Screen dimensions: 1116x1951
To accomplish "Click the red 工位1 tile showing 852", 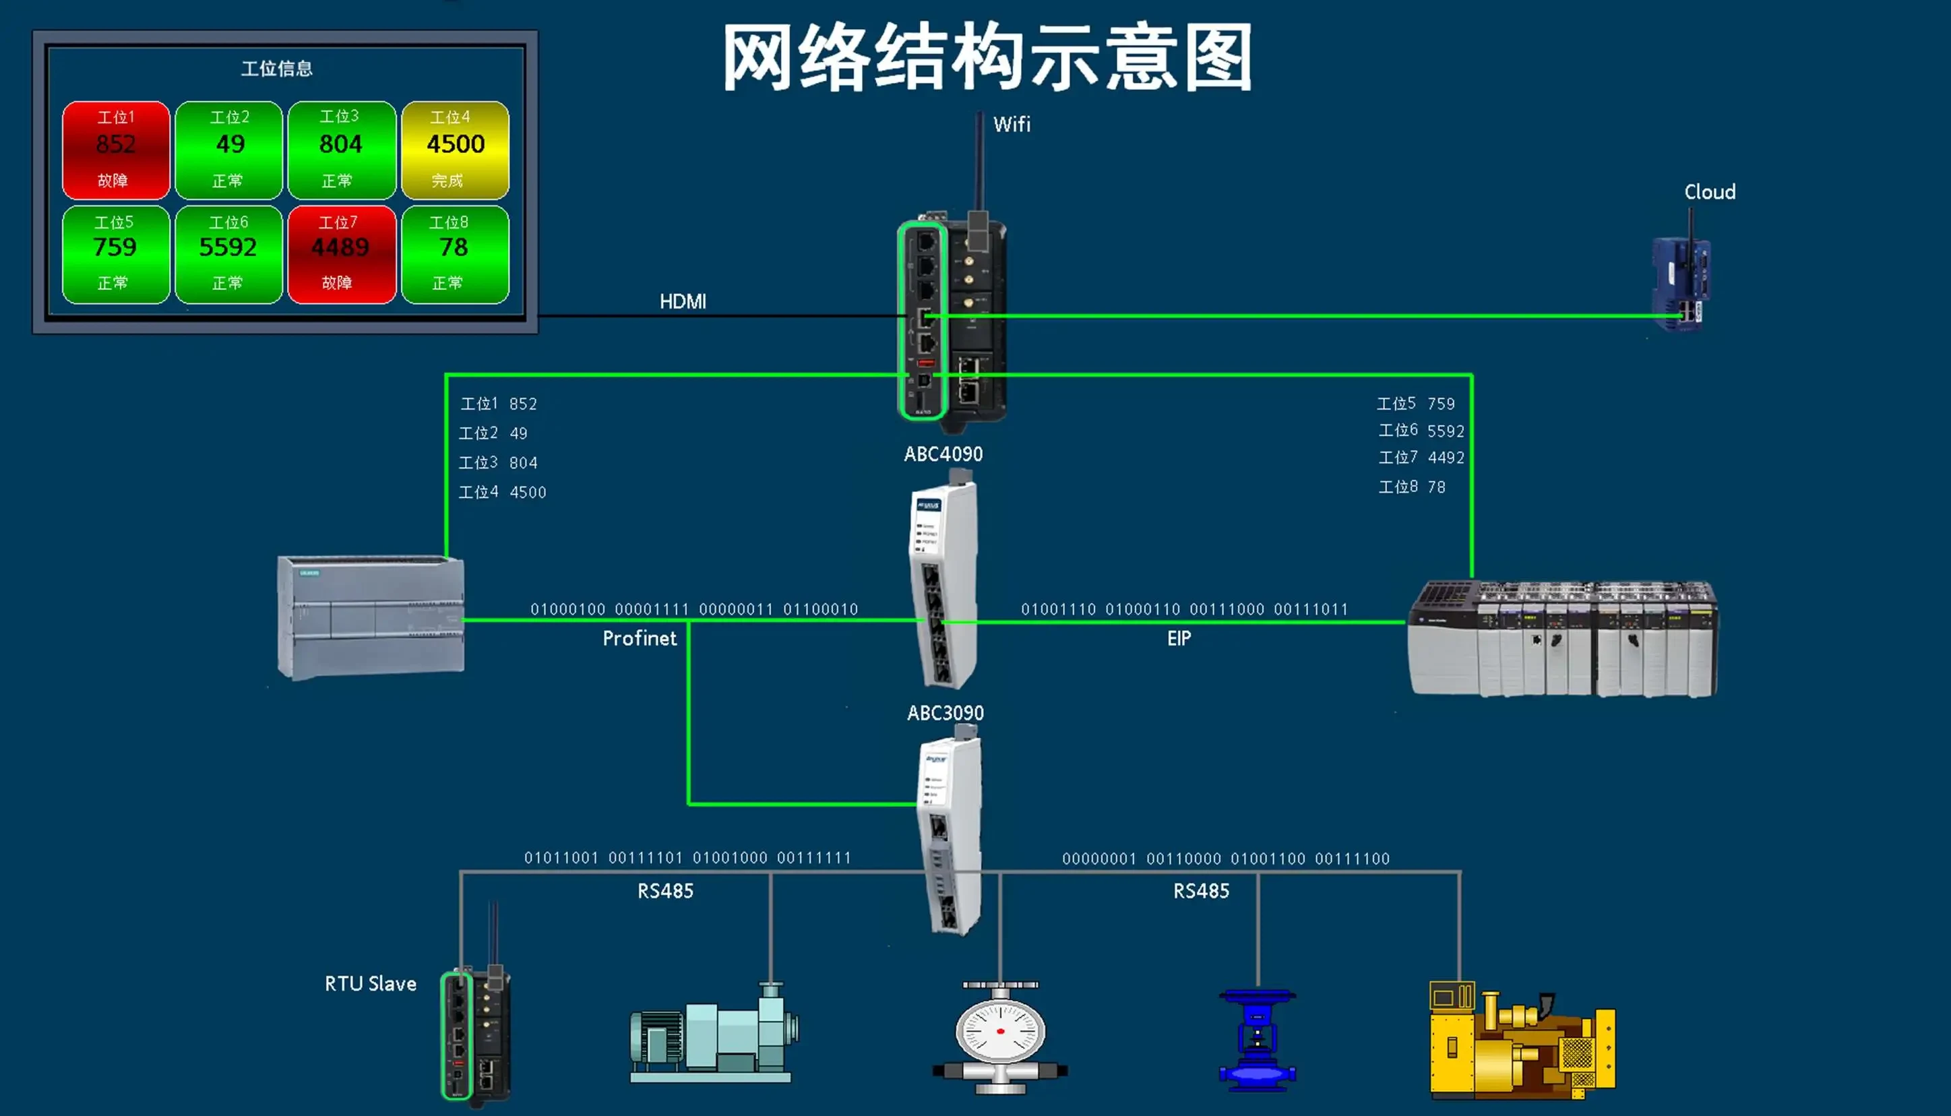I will point(116,150).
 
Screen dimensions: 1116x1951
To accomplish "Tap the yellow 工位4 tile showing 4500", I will point(455,150).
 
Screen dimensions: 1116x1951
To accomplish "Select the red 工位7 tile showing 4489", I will point(341,253).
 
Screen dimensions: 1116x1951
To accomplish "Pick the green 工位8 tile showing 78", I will point(454,253).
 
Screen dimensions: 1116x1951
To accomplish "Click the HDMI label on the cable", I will point(683,301).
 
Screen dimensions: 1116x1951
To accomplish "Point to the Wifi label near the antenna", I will point(1012,124).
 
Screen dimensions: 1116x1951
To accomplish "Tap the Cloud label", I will point(1709,191).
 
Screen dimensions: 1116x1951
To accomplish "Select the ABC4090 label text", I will point(943,454).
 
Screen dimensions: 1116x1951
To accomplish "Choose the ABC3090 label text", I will point(945,713).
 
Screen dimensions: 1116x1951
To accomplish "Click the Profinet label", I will point(639,638).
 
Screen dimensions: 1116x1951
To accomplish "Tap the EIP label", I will point(1179,638).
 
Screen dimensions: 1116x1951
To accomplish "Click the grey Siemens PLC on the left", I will point(371,617).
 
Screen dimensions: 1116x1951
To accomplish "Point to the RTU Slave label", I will point(370,983).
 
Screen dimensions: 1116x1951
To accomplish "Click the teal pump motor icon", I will point(712,1034).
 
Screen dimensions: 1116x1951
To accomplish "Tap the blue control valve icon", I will point(1257,1038).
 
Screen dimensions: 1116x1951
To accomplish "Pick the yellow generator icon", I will point(1521,1043).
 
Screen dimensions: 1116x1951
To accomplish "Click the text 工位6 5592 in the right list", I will point(1421,431).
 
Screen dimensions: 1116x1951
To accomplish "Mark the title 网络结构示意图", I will point(987,57).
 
